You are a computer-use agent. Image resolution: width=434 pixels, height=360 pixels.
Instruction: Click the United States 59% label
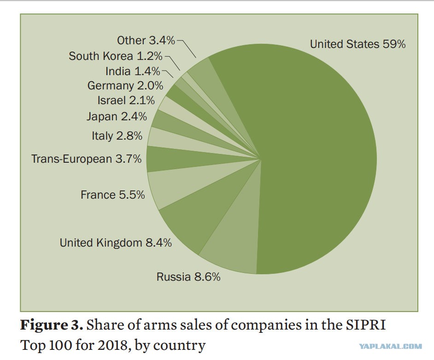[x=358, y=44]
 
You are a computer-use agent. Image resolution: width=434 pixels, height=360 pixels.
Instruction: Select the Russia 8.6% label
[x=188, y=277]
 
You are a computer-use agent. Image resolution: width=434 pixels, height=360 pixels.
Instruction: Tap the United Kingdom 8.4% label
[x=116, y=242]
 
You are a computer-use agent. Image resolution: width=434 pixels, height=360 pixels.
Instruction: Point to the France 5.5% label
[x=113, y=195]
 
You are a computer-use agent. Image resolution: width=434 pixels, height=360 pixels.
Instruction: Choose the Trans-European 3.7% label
[x=86, y=159]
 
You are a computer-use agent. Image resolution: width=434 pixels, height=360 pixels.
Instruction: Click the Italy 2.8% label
[x=117, y=136]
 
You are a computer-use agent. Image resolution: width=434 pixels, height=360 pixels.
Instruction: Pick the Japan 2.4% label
[x=117, y=116]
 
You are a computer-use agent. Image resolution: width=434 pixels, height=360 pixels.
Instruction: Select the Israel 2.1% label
[x=126, y=100]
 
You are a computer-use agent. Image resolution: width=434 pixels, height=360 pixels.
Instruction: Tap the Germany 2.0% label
[x=125, y=86]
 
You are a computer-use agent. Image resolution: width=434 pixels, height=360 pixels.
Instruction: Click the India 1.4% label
[x=133, y=71]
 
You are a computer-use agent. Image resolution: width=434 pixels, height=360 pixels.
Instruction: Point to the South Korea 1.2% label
[x=116, y=56]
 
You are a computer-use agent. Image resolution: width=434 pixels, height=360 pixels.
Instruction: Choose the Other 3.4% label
[x=146, y=41]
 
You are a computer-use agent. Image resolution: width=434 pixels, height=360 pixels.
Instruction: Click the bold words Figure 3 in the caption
[x=52, y=325]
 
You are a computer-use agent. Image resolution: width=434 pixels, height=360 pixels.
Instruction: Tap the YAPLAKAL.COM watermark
[x=391, y=346]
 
